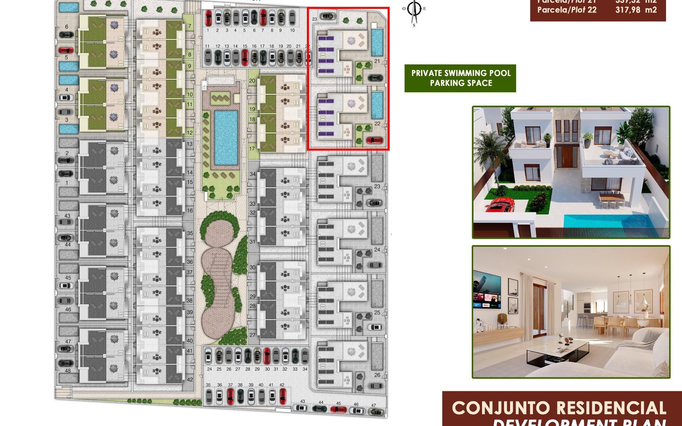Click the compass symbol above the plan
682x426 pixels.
(x=414, y=11)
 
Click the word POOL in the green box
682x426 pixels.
(x=499, y=73)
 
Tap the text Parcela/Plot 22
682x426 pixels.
(x=567, y=10)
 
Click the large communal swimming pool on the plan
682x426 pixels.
(x=226, y=137)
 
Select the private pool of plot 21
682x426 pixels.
(x=377, y=42)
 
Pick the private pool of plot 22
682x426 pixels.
(x=377, y=105)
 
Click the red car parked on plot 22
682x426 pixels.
(x=375, y=140)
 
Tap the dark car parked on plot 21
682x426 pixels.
(x=375, y=78)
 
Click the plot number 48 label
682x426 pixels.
(x=67, y=371)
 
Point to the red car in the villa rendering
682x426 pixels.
(x=499, y=205)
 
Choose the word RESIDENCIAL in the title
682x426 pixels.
(x=611, y=408)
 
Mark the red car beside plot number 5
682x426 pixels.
(x=66, y=50)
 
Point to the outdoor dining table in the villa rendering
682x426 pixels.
(x=612, y=196)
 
